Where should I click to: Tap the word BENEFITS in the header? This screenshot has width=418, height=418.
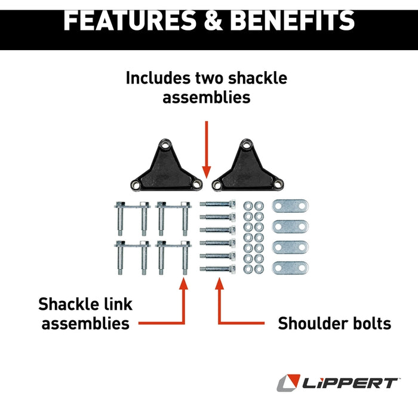click(292, 21)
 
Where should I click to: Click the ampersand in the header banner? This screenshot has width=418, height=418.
click(213, 21)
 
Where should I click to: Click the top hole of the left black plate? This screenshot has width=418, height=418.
click(165, 146)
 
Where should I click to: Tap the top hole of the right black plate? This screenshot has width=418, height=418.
click(247, 146)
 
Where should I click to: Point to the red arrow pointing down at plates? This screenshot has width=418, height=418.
click(207, 149)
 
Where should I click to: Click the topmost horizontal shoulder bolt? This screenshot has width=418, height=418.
click(217, 204)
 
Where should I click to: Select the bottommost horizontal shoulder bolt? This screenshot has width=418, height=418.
click(217, 269)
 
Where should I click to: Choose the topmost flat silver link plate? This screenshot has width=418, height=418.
click(290, 206)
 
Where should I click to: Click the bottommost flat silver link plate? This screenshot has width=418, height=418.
click(290, 268)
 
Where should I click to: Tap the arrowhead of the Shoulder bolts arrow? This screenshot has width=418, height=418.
click(219, 284)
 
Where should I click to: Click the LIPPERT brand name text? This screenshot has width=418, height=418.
click(350, 383)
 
